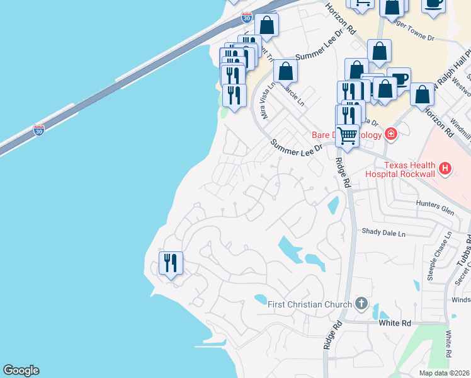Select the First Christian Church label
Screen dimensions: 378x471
tap(309, 305)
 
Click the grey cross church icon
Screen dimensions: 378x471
tap(361, 304)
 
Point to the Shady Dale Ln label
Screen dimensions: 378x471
tap(383, 232)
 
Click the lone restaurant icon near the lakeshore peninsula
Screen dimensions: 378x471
tap(171, 262)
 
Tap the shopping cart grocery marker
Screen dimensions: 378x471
tap(347, 135)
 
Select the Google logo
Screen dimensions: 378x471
tap(21, 370)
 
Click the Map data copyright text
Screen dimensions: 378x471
tap(443, 373)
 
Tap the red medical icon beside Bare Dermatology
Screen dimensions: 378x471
tap(391, 134)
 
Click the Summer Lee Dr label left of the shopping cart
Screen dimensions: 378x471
tap(296, 146)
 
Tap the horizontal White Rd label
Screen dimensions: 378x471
tap(394, 323)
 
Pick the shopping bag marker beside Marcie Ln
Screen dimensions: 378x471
tap(285, 71)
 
